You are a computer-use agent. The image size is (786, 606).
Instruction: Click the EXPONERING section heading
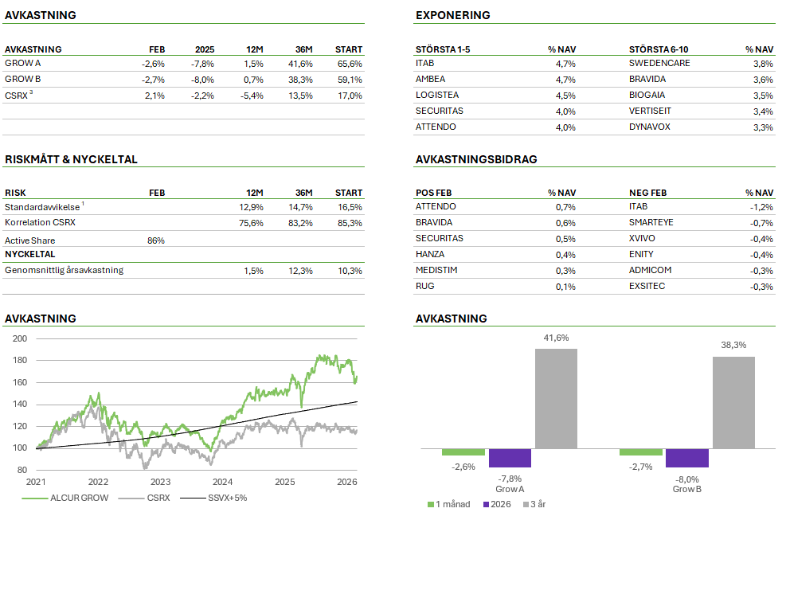(452, 15)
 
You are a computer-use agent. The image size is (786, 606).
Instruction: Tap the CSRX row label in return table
(17, 96)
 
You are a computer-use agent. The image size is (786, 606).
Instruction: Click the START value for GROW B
(350, 80)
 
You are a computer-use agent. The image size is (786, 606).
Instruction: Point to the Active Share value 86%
(156, 240)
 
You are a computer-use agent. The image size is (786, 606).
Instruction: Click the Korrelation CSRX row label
(40, 223)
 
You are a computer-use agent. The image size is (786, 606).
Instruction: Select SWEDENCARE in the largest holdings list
(659, 64)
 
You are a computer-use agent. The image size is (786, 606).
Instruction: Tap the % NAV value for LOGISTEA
(565, 96)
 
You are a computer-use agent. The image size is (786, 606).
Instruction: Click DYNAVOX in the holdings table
(651, 127)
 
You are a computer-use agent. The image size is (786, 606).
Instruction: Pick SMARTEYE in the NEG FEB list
(651, 223)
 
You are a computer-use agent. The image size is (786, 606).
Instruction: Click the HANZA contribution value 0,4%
(565, 255)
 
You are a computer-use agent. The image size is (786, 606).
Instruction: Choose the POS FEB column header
(434, 193)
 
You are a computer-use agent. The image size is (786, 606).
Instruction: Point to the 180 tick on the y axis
(20, 361)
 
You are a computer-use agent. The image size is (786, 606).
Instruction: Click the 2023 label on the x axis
(160, 482)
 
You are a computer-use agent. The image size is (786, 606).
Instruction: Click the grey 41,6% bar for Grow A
(556, 398)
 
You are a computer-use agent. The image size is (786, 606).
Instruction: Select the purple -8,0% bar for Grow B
(686, 458)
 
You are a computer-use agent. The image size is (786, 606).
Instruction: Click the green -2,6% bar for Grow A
(463, 452)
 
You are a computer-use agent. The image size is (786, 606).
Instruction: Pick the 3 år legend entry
(538, 504)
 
